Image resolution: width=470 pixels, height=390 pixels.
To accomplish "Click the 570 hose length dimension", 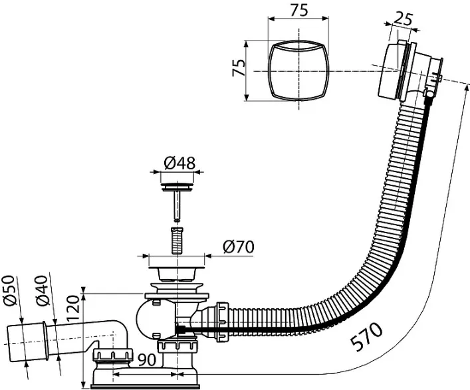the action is (367, 336).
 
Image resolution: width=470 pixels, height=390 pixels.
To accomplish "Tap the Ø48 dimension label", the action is (179, 163).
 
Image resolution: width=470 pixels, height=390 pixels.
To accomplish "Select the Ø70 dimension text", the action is (238, 246).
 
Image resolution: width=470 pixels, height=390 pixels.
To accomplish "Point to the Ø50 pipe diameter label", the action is (9, 290).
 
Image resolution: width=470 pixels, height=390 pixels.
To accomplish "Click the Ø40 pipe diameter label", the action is (42, 290).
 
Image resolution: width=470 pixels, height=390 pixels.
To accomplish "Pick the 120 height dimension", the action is (72, 308).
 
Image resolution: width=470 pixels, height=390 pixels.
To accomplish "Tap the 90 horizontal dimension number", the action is (147, 359).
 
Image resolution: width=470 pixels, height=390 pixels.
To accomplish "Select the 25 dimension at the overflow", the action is (403, 19).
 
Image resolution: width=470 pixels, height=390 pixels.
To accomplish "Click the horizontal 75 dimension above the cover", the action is (299, 11).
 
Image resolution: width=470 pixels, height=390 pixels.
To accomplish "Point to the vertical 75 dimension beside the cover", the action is (239, 68).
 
